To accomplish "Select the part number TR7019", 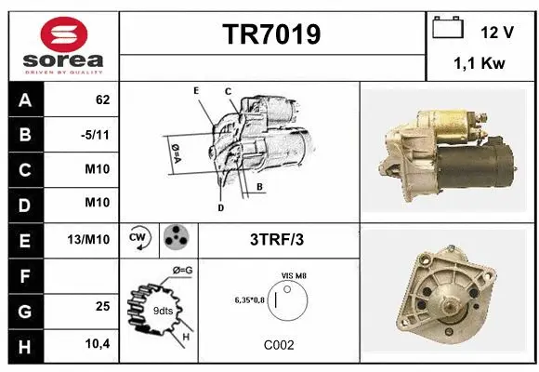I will pos(271,35).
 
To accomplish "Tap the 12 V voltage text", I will pos(497,32).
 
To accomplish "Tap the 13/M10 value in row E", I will pos(90,239).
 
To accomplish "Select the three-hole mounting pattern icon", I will pos(177,239).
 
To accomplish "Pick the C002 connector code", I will pos(279,344).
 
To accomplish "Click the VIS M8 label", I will pos(295,276).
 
